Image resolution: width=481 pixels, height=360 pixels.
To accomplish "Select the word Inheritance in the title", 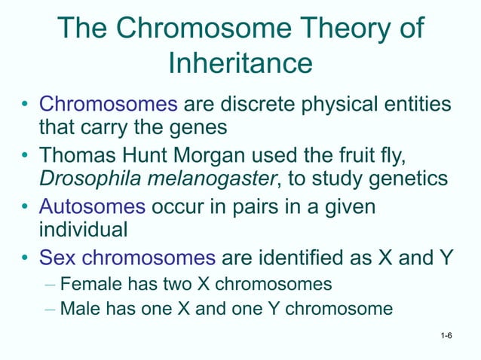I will coord(240,63).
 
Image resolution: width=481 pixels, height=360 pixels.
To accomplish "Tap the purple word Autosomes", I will coord(93,206).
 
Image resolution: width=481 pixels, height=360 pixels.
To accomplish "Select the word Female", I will coord(86,285).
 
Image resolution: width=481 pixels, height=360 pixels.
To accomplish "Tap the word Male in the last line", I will coord(78,309).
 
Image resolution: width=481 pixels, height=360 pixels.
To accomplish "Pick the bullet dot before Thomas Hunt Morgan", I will coord(26,157).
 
